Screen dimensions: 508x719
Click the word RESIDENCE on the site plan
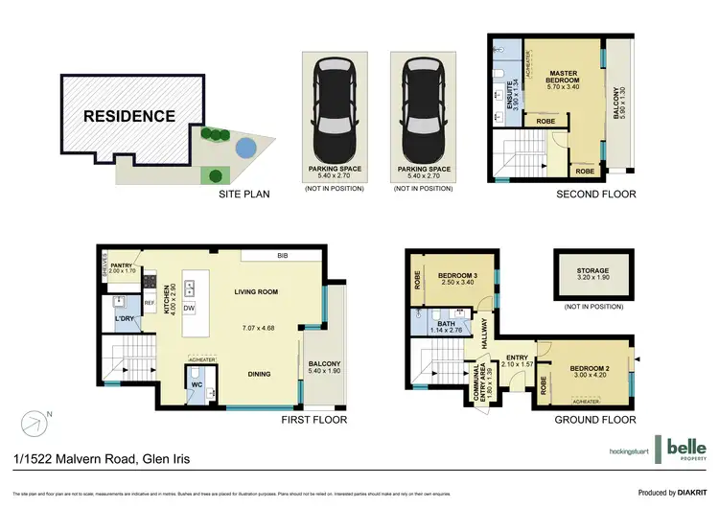coord(128,117)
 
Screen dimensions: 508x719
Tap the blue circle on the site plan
coord(245,148)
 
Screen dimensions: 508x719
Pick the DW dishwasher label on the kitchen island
coord(189,308)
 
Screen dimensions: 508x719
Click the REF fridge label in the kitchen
coord(149,304)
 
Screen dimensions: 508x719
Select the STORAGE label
coord(594,272)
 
